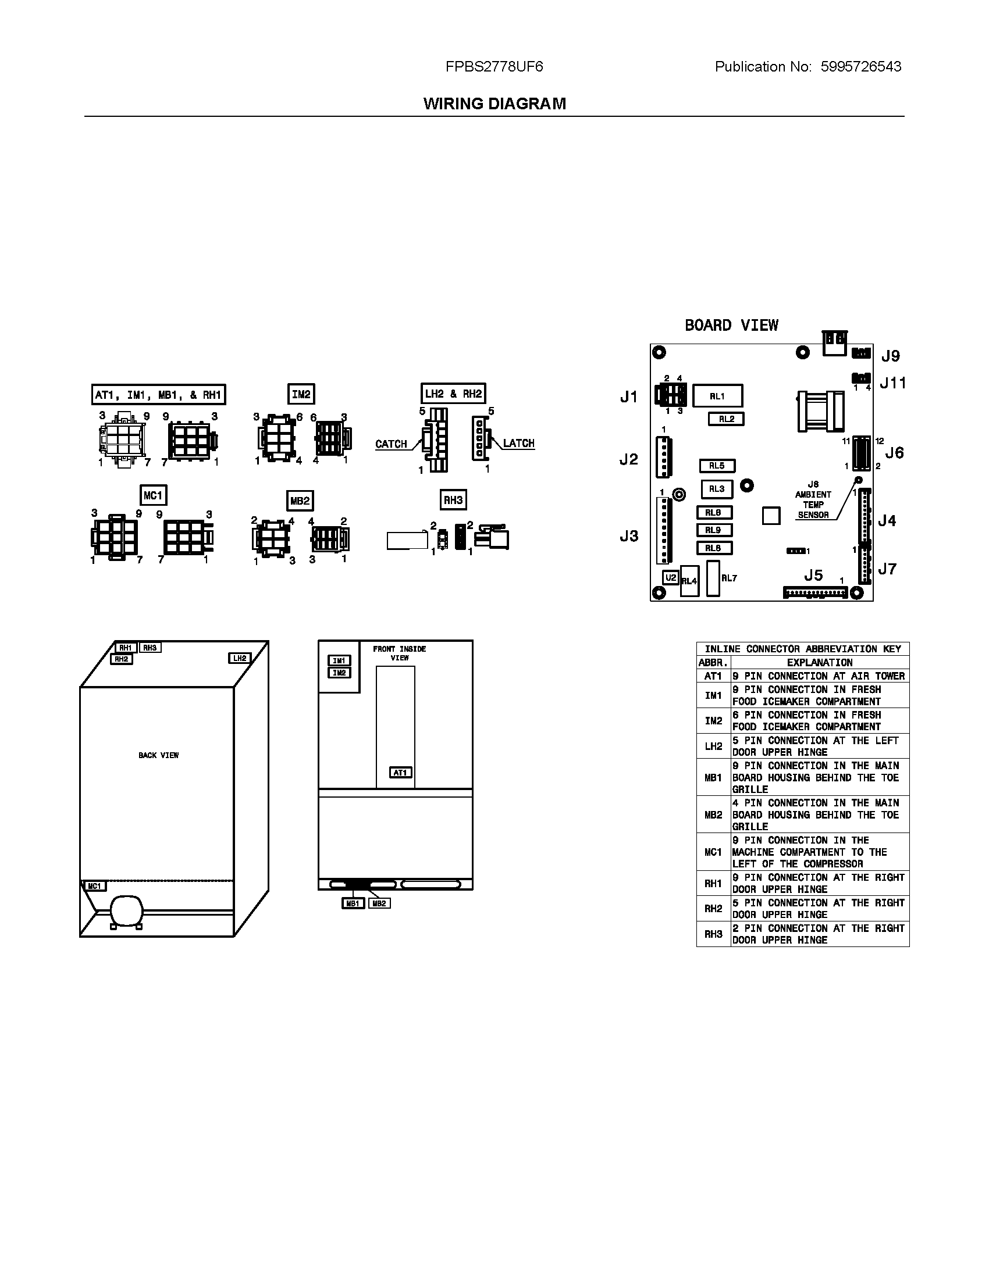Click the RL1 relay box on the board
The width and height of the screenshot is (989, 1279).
(717, 396)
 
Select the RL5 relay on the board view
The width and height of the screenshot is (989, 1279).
(717, 466)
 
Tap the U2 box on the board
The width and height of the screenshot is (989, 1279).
(670, 577)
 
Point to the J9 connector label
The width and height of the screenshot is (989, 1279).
(890, 356)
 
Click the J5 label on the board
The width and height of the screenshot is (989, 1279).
(813, 575)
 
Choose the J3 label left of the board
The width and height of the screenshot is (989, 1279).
(629, 536)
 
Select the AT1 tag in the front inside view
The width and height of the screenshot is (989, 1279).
(400, 773)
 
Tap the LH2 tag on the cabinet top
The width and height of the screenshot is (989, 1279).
(240, 658)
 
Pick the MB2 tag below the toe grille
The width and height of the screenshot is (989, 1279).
(379, 903)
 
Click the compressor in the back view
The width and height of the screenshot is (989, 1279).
(126, 911)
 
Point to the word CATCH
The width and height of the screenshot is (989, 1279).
(391, 444)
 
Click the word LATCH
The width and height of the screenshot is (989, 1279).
(518, 444)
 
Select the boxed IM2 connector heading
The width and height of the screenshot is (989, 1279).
(301, 394)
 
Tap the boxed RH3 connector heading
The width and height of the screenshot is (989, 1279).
(453, 499)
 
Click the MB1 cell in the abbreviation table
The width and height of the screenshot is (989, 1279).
(713, 778)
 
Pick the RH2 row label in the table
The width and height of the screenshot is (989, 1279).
(713, 908)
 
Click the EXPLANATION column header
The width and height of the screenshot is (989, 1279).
(819, 662)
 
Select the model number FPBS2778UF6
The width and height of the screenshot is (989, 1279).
(494, 67)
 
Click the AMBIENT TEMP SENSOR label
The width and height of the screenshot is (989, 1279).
(813, 504)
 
